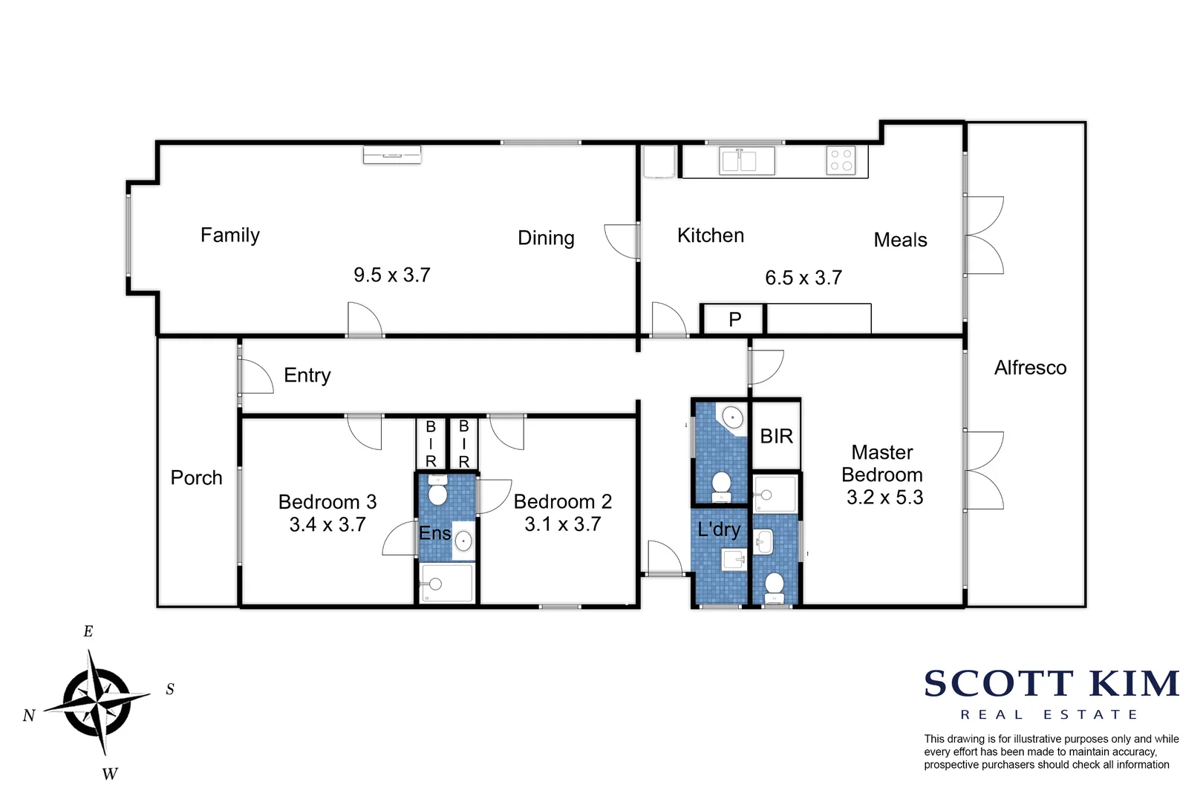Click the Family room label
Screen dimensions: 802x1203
230,235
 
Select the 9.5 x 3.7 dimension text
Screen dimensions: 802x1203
392,276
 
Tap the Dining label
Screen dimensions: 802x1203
546,238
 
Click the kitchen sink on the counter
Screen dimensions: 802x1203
738,160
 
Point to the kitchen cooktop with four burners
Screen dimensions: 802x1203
841,160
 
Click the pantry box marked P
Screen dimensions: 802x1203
734,319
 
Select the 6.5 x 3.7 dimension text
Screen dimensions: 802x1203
803,278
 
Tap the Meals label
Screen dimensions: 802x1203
900,240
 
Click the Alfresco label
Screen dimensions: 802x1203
1030,368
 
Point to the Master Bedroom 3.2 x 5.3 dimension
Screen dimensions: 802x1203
884,498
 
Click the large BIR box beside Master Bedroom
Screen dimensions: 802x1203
776,436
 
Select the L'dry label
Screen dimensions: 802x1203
718,529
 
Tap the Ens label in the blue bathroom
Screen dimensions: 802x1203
434,533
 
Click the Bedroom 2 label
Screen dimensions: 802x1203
563,502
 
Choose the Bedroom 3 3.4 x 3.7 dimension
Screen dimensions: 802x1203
327,524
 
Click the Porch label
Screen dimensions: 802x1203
196,477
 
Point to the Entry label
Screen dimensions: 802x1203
307,375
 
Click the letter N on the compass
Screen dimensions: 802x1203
29,715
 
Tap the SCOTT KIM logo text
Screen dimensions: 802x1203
1052,684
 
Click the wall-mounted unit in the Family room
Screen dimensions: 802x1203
392,154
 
